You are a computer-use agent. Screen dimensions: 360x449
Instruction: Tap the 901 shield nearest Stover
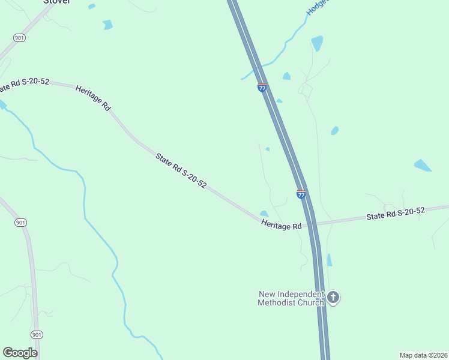coord(20,38)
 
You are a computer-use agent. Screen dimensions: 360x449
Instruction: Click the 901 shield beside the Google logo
coord(37,334)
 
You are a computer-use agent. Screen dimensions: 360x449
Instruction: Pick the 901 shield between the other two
coord(21,223)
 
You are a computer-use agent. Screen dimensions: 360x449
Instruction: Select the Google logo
coord(20,353)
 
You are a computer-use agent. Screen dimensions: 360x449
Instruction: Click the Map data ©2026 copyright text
coord(423,355)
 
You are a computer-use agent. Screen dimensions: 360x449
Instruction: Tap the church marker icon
coord(334,297)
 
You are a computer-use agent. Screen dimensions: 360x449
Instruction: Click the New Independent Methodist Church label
coord(291,298)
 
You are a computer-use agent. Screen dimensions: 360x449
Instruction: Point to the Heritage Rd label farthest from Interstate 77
coord(94,98)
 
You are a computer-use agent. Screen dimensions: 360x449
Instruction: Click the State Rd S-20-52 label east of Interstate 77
coord(396,213)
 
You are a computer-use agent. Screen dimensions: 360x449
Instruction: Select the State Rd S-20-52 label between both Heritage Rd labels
coord(181,171)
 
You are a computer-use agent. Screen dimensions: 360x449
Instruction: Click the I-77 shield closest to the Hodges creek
coord(262,88)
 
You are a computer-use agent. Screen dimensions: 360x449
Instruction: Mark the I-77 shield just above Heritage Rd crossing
coord(301,194)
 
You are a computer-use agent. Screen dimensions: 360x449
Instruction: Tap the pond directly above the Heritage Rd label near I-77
coord(264,214)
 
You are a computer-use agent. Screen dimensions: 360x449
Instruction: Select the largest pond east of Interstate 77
coord(423,165)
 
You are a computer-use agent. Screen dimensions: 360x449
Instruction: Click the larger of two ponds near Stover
coord(107,25)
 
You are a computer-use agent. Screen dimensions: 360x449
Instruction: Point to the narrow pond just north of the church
coord(330,260)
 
